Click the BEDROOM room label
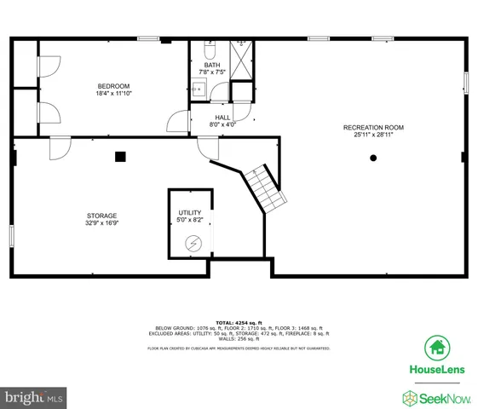112,85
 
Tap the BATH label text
211,66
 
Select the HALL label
222,118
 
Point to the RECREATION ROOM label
373,127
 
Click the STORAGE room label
101,216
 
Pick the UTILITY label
189,212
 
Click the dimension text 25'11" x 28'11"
373,135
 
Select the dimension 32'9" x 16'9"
101,223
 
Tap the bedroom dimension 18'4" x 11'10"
112,93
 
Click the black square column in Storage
120,156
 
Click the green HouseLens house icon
437,347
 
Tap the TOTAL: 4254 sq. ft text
239,321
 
